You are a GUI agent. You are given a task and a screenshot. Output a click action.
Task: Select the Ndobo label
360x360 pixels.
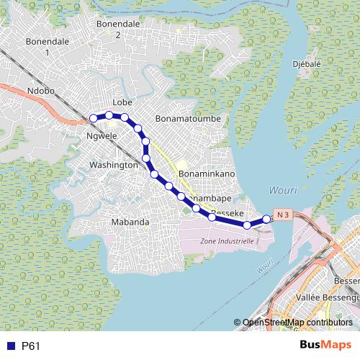click(40, 91)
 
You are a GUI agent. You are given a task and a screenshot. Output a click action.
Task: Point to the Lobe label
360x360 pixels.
click(122, 103)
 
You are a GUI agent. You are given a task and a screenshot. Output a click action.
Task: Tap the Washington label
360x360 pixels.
click(113, 165)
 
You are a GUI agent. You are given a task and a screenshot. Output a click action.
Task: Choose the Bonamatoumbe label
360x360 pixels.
click(187, 117)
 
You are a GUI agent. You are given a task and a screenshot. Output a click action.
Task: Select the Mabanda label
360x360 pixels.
click(130, 222)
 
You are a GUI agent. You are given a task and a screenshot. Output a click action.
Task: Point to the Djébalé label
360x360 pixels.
click(307, 63)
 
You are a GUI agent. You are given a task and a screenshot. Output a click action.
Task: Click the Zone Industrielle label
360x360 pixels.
click(227, 241)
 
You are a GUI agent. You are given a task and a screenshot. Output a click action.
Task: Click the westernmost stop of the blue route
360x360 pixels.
click(93, 118)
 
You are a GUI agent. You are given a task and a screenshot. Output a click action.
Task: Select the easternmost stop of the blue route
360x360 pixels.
click(266, 219)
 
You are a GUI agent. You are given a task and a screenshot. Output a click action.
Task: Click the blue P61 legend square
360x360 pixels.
click(9, 346)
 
